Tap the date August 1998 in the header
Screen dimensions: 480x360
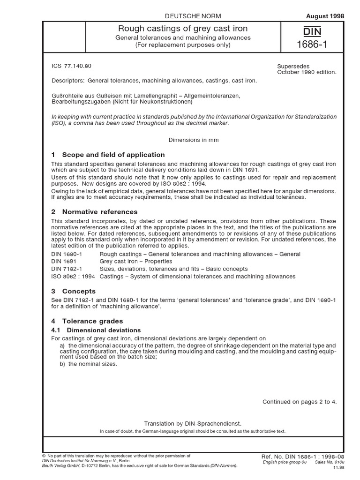pos(325,16)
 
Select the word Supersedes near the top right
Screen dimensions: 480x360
pos(293,67)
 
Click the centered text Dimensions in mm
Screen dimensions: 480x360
pos(193,140)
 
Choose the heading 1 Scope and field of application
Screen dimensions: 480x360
pos(108,155)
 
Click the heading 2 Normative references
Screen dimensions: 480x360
pos(94,212)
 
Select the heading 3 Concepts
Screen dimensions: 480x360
pos(73,291)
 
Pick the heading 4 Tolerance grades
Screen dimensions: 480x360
pos(87,321)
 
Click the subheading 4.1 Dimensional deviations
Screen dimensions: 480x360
pos(96,330)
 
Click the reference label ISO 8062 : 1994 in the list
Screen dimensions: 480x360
pos(73,277)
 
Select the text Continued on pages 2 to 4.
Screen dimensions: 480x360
pos(299,401)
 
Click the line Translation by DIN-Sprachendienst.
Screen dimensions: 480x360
pos(193,423)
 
